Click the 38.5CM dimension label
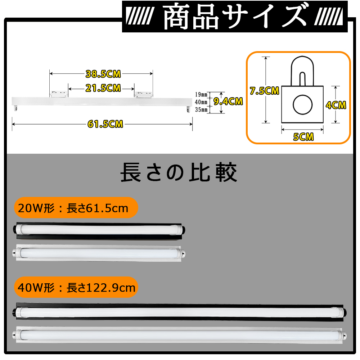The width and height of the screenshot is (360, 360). (103, 74)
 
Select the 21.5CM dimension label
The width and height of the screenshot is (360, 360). (103, 88)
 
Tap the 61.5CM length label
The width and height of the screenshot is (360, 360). (105, 124)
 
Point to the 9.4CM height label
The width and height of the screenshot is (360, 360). (228, 102)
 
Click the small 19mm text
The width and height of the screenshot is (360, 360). (201, 94)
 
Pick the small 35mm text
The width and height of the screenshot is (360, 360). (201, 109)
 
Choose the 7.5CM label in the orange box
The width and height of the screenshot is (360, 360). (264, 91)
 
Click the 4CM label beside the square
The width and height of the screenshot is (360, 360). (336, 105)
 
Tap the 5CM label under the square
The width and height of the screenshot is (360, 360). (303, 137)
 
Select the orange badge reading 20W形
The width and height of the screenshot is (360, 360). (76, 208)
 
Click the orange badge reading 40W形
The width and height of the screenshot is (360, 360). (76, 287)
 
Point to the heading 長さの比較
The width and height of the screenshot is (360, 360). (179, 172)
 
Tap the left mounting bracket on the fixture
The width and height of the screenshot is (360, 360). (59, 94)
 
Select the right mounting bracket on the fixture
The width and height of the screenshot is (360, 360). (144, 94)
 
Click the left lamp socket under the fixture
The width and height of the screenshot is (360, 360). (15, 108)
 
